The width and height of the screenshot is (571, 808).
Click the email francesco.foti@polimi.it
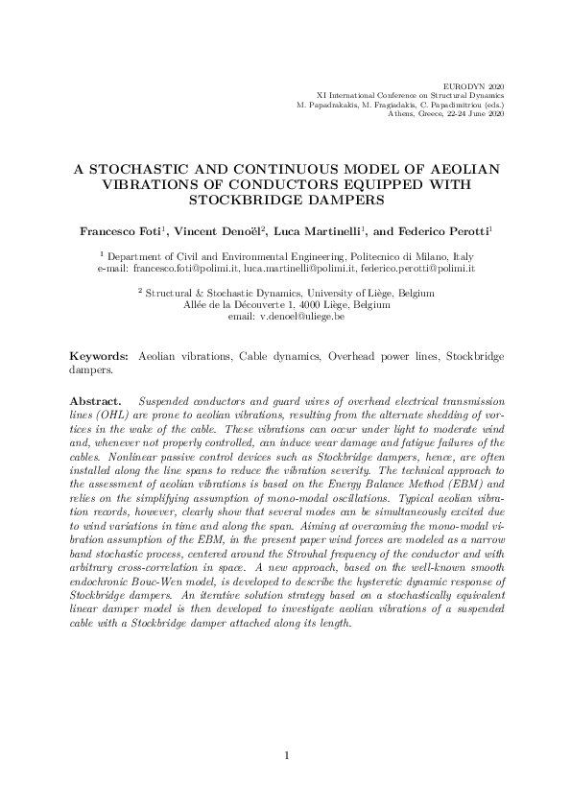pos(187,271)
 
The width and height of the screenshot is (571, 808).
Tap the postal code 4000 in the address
pos(292,304)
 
